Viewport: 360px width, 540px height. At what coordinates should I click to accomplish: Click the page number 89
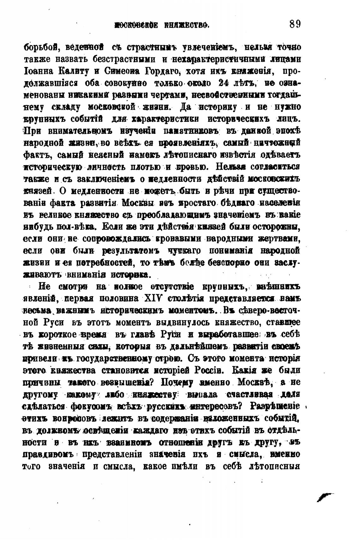coord(295,24)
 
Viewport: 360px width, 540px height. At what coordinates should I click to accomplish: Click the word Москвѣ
coord(251,382)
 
